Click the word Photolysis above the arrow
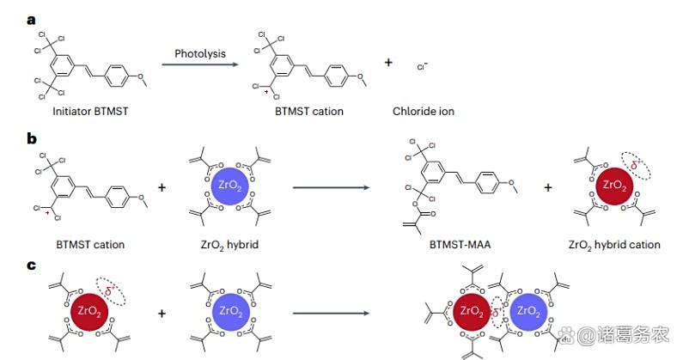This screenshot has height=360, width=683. pos(200,53)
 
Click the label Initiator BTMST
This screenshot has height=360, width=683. pos(76,112)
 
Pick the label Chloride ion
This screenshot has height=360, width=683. pos(423,112)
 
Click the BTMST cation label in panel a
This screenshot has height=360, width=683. pos(308,112)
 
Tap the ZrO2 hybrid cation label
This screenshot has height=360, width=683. pos(613,245)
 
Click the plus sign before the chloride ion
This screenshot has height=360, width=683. pos(388,63)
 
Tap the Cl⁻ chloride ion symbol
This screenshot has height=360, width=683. pos(422,66)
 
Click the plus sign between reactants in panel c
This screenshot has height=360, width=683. pos(162,314)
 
